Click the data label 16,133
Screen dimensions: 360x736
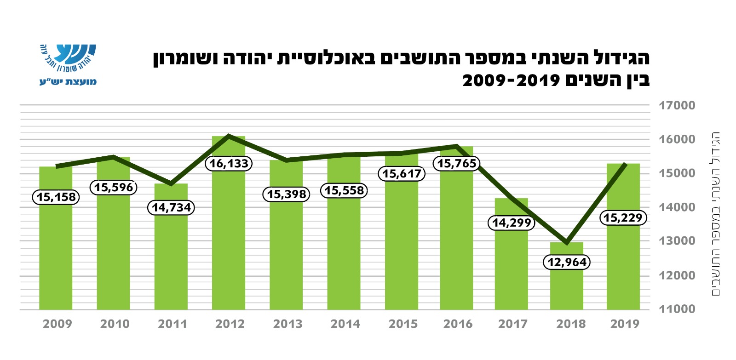(229, 164)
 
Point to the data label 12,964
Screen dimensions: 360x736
(567, 263)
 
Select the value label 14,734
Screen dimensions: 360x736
(171, 208)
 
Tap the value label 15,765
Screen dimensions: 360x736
(457, 163)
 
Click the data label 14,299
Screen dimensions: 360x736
(512, 223)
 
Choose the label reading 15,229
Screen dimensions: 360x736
(623, 218)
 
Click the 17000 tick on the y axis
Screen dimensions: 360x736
(677, 106)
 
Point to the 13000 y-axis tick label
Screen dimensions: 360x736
(677, 241)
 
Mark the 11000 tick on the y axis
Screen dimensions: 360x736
(677, 309)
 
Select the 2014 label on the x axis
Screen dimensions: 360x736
(345, 324)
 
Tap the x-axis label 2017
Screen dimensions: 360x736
(513, 324)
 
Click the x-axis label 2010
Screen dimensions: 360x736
(115, 324)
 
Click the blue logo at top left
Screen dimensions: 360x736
(68, 64)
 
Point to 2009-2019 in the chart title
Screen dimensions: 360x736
(511, 81)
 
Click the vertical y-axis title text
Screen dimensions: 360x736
(716, 214)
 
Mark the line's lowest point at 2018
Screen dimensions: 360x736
(567, 242)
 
